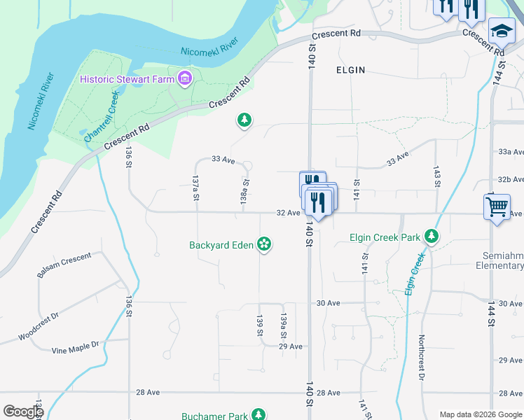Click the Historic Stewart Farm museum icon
pyautogui.click(x=185, y=78)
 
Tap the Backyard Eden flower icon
pyautogui.click(x=264, y=244)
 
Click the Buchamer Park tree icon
pyautogui.click(x=259, y=415)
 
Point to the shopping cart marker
pyautogui.click(x=497, y=206)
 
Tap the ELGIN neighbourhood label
pyautogui.click(x=350, y=70)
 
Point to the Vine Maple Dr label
pyautogui.click(x=76, y=348)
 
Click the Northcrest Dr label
pyautogui.click(x=422, y=357)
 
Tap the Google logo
pyautogui.click(x=23, y=412)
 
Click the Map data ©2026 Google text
pyautogui.click(x=480, y=414)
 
